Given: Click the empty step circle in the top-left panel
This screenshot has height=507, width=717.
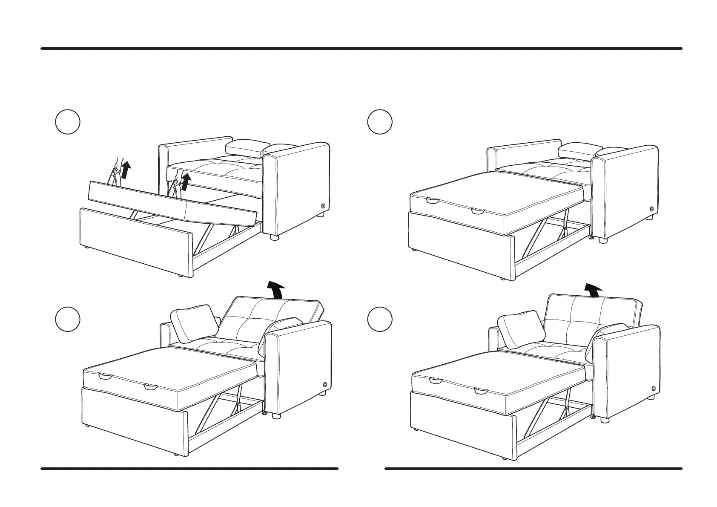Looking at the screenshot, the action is (68, 122).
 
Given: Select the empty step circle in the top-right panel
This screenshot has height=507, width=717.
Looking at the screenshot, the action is (380, 122).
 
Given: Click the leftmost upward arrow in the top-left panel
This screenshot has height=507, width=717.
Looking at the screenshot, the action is (125, 169).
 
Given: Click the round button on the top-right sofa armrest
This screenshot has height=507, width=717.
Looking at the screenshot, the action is (652, 209).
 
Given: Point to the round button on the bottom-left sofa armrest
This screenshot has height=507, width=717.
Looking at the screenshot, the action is (325, 384).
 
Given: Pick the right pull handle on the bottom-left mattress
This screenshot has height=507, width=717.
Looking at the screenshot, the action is (151, 386).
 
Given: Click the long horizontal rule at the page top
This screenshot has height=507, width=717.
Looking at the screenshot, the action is (361, 49).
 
